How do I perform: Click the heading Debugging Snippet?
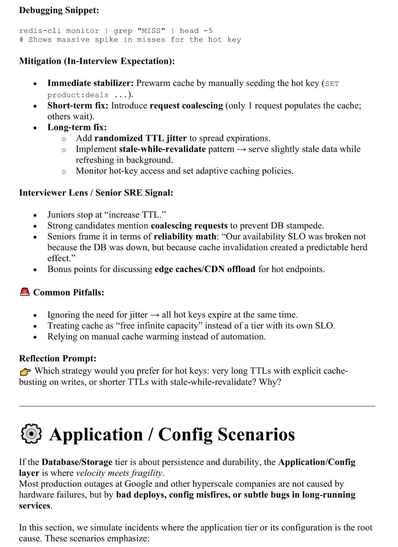pos(59,10)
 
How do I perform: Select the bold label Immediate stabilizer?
pos(90,83)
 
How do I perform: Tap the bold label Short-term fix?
pos(78,106)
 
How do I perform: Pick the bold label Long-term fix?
pos(77,127)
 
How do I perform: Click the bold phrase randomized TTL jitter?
pos(141,138)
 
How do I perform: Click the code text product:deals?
pos(78,95)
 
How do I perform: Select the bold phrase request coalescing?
pos(186,106)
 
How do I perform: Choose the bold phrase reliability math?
pos(185,236)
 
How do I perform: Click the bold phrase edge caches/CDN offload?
pos(205,269)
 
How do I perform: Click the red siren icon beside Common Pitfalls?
pos(25,292)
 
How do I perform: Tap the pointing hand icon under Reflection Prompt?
pos(25,371)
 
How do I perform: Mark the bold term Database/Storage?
pos(77,462)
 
